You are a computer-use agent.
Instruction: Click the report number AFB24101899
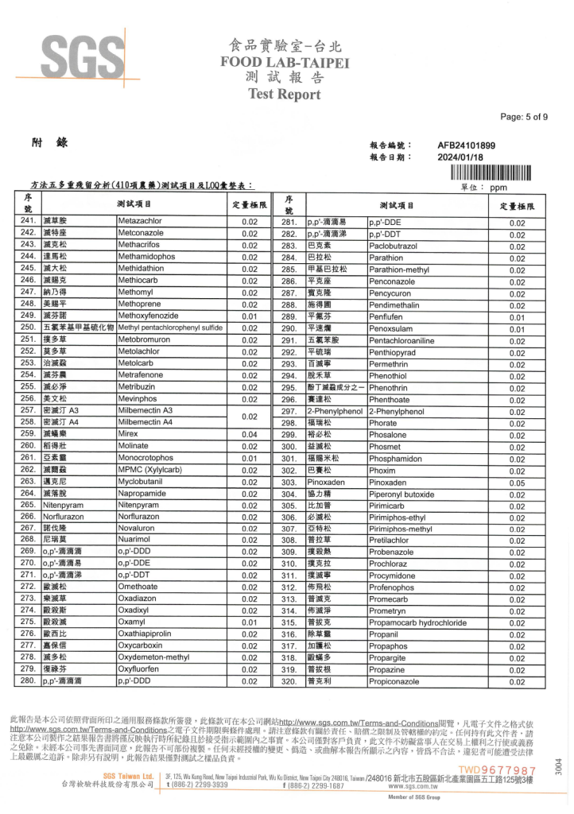click(466, 145)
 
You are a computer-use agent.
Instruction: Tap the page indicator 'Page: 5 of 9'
click(524, 117)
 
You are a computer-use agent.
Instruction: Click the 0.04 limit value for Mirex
click(250, 434)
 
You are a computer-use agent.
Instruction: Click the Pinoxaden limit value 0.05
click(518, 483)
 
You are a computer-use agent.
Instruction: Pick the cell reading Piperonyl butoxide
click(402, 494)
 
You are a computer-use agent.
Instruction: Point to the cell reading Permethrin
click(389, 363)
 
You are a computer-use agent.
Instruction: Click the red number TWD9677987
click(497, 770)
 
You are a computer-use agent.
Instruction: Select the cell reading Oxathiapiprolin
click(148, 634)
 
